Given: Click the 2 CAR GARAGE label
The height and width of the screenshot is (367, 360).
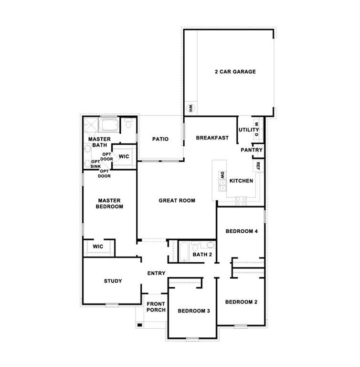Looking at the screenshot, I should coord(235,72).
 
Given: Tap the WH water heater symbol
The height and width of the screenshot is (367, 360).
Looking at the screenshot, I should coord(190,108).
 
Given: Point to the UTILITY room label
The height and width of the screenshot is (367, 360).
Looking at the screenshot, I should coord(249,130).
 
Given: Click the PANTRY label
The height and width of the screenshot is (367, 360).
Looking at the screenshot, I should coord(252,150).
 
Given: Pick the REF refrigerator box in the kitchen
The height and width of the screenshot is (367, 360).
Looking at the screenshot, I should coord(258,165).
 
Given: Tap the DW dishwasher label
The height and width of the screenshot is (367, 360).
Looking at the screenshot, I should coord(222,175).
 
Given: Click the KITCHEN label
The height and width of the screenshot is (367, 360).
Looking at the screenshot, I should coord(241,181).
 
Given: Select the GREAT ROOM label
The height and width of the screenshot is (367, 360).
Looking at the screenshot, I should coord(177,201).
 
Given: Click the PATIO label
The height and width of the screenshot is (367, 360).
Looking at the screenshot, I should coord(160,140).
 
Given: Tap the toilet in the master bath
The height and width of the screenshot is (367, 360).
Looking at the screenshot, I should coord(128,124).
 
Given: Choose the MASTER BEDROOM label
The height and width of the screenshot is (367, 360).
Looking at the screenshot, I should coord(110,204).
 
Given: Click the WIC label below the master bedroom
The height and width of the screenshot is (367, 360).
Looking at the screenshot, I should coord(98,247).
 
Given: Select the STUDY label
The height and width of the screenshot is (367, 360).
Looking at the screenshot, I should coord(113,281).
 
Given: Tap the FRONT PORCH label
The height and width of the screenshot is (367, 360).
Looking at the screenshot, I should coord(156,307).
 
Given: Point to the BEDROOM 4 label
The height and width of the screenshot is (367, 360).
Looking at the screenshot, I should coord(242,231).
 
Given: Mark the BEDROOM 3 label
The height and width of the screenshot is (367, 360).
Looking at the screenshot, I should coord(194,311).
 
